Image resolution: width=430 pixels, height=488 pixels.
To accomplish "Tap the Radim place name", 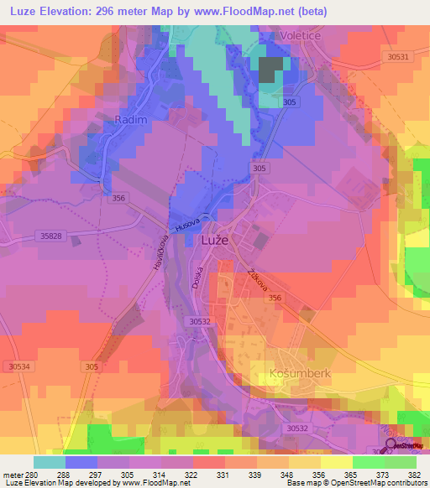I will tap(130, 121).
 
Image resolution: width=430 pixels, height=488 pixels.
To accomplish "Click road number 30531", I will tap(398, 57).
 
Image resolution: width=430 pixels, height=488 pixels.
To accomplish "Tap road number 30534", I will tap(18, 366).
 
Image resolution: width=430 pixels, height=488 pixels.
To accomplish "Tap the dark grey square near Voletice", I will tap(270, 70).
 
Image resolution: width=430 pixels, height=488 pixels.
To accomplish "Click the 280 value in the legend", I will tap(32, 474).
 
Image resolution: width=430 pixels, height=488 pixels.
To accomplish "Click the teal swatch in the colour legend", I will tap(49, 461).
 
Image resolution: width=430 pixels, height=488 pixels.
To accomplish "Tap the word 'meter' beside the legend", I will tap(12, 474).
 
